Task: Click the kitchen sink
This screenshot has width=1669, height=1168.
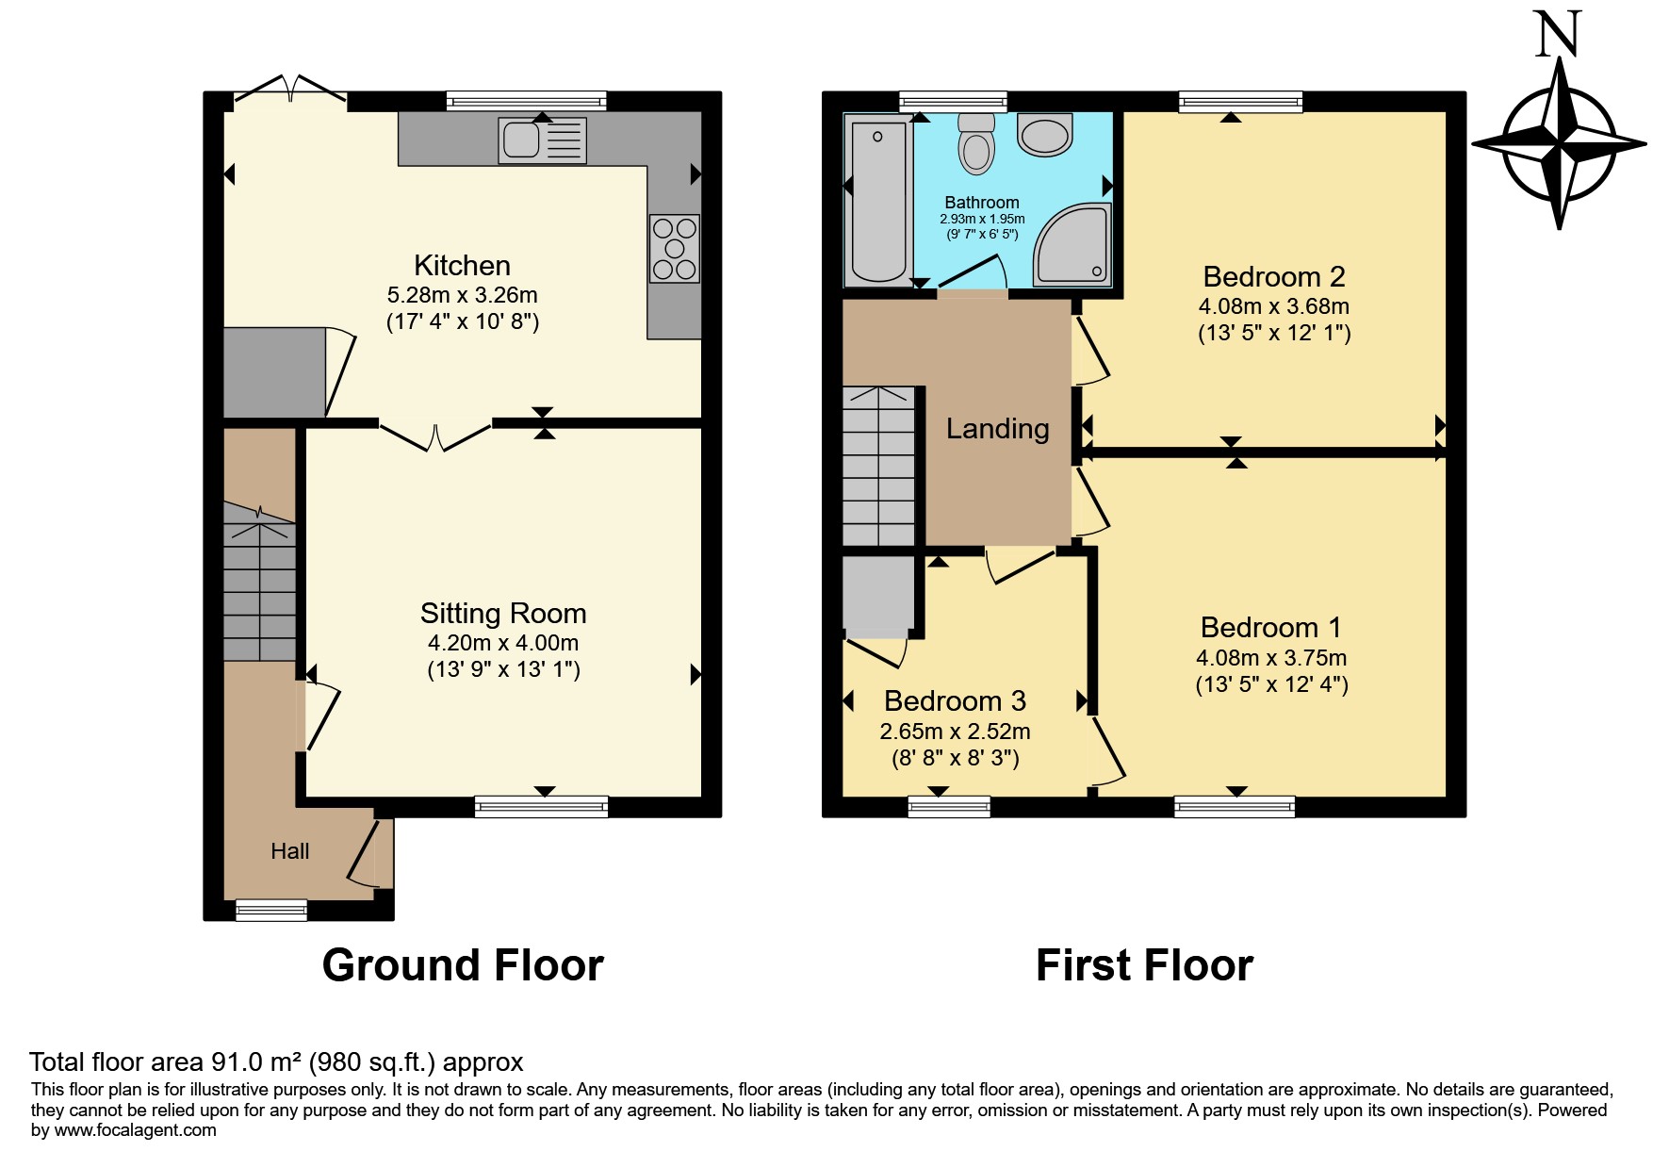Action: click(x=542, y=140)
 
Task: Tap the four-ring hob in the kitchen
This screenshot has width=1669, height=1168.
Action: click(x=675, y=248)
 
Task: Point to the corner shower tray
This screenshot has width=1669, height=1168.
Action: click(x=1072, y=244)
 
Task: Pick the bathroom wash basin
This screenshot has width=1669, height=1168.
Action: click(x=1045, y=135)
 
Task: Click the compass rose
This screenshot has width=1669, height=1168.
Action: click(x=1559, y=143)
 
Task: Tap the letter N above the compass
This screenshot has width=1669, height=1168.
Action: click(x=1559, y=34)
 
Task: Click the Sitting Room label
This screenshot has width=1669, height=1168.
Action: click(x=503, y=614)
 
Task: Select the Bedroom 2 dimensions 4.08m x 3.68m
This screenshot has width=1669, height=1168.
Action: click(x=1273, y=306)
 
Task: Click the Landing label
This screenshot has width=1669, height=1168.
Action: click(x=997, y=429)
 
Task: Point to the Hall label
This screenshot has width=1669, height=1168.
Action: click(x=289, y=851)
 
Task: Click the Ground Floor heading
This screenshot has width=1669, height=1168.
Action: click(x=463, y=965)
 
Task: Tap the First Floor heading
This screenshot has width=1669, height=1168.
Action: click(x=1144, y=965)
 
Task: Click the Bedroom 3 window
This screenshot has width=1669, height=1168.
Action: click(x=949, y=806)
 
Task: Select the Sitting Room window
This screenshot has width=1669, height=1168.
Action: click(x=542, y=806)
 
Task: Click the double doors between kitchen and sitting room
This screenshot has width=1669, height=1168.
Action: click(x=435, y=435)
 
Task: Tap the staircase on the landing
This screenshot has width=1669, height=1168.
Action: click(x=878, y=466)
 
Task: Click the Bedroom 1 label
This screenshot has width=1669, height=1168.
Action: click(x=1271, y=628)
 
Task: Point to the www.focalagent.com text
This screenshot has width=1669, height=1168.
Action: click(x=135, y=1130)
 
